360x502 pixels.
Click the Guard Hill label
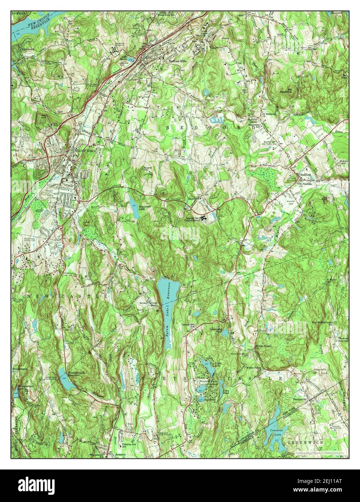(148, 169)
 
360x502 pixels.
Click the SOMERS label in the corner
(19, 13)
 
